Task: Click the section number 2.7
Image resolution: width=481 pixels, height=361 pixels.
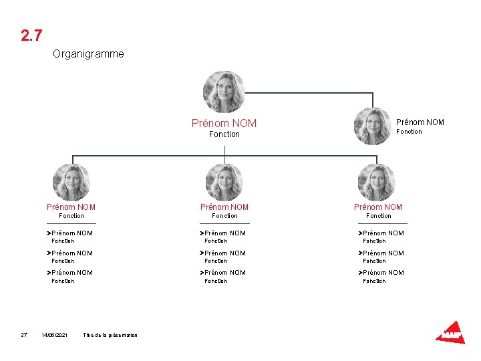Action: [x=31, y=35]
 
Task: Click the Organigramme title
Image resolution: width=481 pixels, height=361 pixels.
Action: [x=88, y=53]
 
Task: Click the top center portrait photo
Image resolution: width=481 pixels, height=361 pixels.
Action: [x=224, y=92]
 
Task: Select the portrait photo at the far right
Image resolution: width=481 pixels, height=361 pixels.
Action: [x=373, y=126]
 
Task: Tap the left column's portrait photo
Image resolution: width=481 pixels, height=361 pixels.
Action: [x=71, y=183]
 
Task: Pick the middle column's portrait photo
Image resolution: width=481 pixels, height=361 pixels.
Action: [x=224, y=183]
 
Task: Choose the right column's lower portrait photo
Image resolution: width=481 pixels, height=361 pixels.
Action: [x=377, y=183]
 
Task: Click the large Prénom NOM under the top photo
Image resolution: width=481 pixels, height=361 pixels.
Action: [x=224, y=123]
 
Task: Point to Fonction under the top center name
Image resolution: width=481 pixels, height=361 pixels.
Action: [x=224, y=134]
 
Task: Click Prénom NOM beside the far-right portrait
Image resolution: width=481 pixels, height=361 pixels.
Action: [x=420, y=122]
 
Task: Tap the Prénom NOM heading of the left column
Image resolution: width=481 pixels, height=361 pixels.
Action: [x=71, y=207]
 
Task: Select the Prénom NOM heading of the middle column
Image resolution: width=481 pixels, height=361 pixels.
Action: [x=224, y=207]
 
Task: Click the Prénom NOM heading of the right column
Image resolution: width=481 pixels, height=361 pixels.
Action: [x=378, y=207]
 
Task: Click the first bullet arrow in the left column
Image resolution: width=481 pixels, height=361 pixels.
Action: [x=49, y=233]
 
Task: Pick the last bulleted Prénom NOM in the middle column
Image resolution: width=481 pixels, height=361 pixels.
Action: [x=224, y=273]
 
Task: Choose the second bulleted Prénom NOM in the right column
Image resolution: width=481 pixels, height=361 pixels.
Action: [x=383, y=253]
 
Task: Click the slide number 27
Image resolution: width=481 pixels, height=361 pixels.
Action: [x=23, y=335]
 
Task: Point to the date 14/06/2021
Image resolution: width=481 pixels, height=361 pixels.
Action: [x=54, y=335]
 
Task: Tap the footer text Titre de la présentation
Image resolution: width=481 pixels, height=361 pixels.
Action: [x=110, y=335]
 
